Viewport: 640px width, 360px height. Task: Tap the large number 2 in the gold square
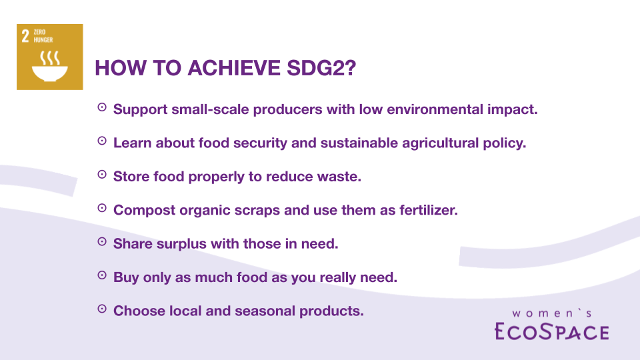tap(25, 36)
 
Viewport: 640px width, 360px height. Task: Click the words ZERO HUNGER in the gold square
tap(43, 36)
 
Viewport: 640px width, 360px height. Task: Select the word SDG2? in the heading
tap(321, 68)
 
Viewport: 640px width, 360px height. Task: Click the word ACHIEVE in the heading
tap(234, 68)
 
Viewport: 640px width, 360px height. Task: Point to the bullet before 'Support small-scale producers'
tap(102, 107)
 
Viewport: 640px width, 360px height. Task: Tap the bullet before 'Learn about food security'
tap(102, 141)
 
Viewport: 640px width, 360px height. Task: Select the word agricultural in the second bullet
tap(441, 143)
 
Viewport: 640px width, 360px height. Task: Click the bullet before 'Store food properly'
tap(102, 174)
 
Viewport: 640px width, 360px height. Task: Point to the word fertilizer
tap(429, 210)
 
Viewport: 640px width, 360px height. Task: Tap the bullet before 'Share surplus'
tap(102, 241)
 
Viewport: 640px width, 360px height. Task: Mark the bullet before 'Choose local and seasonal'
tap(102, 309)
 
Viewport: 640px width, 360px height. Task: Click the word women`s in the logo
tap(552, 313)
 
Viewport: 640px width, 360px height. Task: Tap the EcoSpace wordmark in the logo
tap(552, 331)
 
